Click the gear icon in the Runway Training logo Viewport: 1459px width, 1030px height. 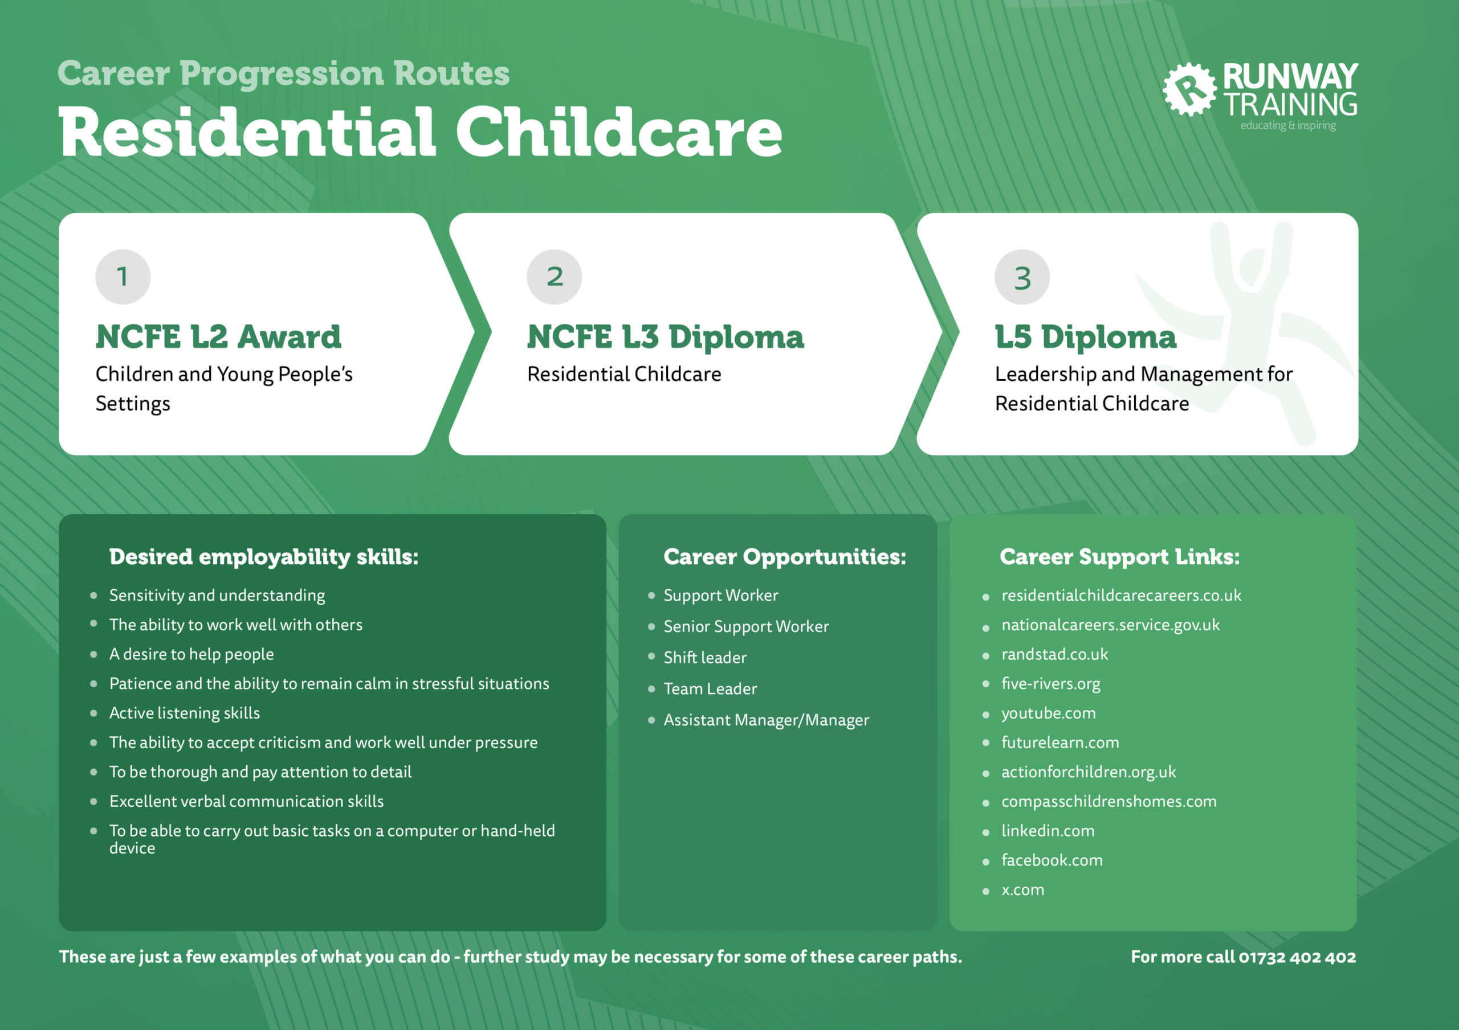pyautogui.click(x=1189, y=89)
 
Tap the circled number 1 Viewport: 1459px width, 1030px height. pyautogui.click(x=123, y=277)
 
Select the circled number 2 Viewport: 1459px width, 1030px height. pyautogui.click(x=554, y=277)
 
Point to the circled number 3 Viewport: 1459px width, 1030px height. pyautogui.click(x=1022, y=277)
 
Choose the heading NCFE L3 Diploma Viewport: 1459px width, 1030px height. pyautogui.click(x=665, y=337)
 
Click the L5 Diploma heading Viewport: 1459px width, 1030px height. pyautogui.click(x=1085, y=337)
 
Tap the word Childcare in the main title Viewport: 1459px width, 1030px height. pyautogui.click(x=618, y=132)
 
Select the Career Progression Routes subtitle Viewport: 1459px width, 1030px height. pyautogui.click(x=283, y=73)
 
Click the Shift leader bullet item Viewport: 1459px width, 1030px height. pyautogui.click(x=705, y=657)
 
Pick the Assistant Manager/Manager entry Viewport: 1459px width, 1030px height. pyautogui.click(x=766, y=720)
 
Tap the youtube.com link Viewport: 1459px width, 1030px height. pyautogui.click(x=1048, y=713)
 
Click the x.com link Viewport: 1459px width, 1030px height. pyautogui.click(x=1022, y=890)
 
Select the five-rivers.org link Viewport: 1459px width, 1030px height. pyautogui.click(x=1050, y=683)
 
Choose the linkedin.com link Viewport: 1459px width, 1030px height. pyautogui.click(x=1048, y=831)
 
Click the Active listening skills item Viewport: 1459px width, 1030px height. pyautogui.click(x=184, y=713)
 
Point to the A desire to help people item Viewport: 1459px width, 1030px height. pyautogui.click(x=191, y=654)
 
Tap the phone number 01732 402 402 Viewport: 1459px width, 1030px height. pyautogui.click(x=1297, y=957)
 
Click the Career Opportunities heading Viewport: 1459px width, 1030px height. pyautogui.click(x=784, y=557)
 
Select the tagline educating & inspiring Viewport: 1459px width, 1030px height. pyautogui.click(x=1287, y=126)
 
